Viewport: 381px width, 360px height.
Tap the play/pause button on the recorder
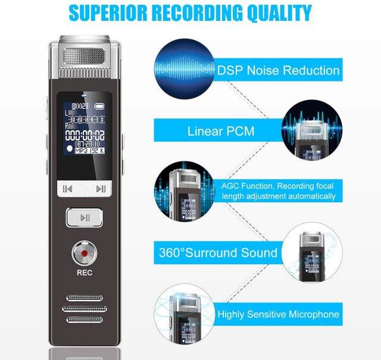tap(85, 217)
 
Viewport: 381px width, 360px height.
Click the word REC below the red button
tap(85, 274)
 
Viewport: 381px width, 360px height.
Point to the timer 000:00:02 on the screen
tap(86, 134)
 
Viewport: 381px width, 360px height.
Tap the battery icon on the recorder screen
tap(103, 108)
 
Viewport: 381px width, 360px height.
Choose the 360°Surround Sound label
tap(218, 252)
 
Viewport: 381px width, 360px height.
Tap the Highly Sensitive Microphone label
tap(277, 314)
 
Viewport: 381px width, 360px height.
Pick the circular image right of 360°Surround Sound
tap(311, 255)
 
